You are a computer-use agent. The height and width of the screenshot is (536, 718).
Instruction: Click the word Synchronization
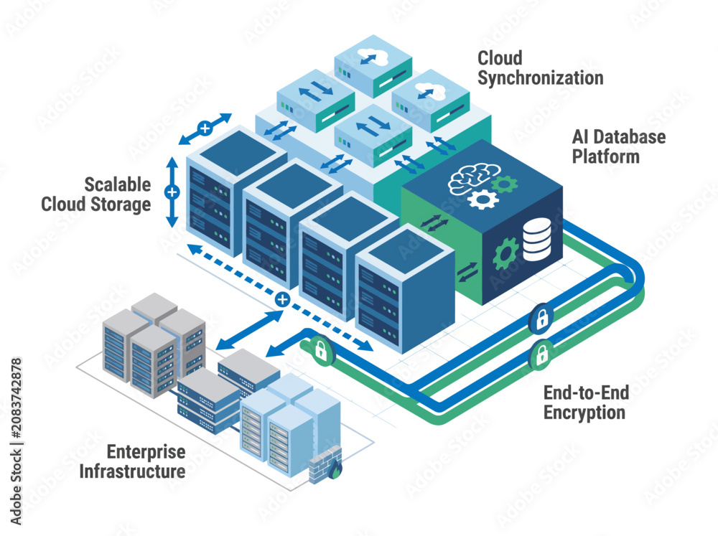click(x=541, y=78)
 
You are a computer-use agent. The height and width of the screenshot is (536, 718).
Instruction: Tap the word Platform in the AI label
click(x=606, y=156)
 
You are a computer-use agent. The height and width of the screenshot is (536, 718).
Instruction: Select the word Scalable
click(x=118, y=184)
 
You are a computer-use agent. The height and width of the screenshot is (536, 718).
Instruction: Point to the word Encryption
click(x=584, y=413)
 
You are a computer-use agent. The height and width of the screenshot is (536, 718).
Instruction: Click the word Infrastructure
click(x=132, y=471)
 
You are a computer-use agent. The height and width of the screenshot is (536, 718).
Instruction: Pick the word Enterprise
click(x=146, y=452)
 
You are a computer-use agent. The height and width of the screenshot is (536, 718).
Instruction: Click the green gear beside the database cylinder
click(x=505, y=253)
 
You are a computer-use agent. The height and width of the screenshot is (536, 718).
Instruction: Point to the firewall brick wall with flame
click(x=325, y=464)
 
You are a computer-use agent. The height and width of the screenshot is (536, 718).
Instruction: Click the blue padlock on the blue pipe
click(x=541, y=317)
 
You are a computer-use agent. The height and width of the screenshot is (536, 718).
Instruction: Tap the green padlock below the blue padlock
click(x=541, y=354)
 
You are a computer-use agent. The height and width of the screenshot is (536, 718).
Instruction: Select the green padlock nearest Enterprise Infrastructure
click(x=321, y=349)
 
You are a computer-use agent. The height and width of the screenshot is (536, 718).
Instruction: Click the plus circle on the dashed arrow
click(x=282, y=300)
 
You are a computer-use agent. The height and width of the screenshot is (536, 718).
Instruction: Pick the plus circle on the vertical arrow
click(x=172, y=192)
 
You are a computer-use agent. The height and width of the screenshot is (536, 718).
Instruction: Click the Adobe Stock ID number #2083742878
click(x=16, y=399)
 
